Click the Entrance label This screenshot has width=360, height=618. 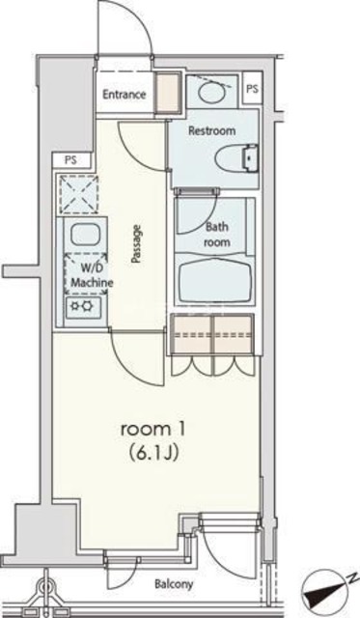pos(125,95)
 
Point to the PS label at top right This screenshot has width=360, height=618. pos(252,88)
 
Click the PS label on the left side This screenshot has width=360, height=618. pos(70,159)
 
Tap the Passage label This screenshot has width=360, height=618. pos(137,245)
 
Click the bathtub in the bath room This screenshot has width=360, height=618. pos(216,281)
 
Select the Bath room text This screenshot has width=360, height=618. pos(217,236)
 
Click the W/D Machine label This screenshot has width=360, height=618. pos(93,275)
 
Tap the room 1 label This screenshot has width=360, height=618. pos(150,428)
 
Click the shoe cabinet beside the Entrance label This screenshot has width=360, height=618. pos(167,95)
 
